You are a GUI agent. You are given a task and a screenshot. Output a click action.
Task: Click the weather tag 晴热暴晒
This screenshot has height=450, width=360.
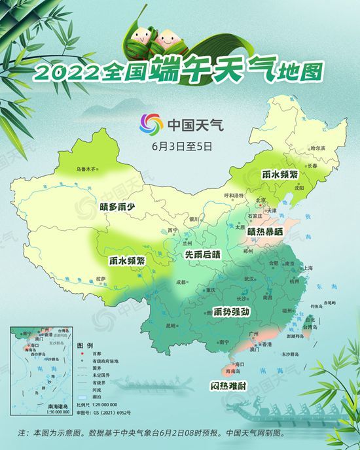pos(265,231)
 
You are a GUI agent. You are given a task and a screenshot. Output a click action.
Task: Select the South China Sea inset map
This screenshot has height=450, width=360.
pos(40,370)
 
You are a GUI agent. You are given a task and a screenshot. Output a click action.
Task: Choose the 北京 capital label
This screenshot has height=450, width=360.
pos(261,200)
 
